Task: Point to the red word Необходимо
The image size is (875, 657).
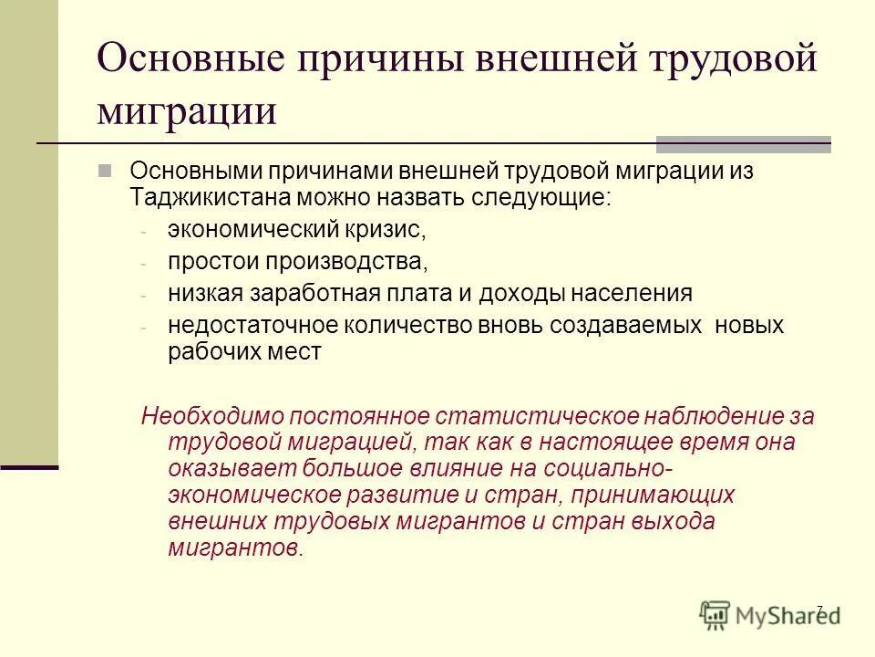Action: [x=211, y=417]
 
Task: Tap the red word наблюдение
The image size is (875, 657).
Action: [x=706, y=417]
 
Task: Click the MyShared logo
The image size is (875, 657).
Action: [x=770, y=614]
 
